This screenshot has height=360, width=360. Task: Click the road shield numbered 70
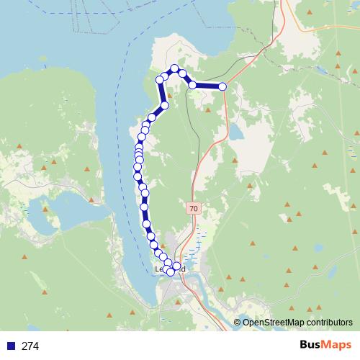click(193, 208)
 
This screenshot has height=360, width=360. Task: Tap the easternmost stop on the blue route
click(222, 86)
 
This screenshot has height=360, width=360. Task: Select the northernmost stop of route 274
click(174, 68)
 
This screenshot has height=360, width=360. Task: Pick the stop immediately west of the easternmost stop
click(193, 85)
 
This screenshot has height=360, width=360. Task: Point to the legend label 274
click(30, 346)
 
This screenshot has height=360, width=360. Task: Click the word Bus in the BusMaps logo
click(312, 345)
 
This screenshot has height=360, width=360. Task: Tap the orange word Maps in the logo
click(336, 345)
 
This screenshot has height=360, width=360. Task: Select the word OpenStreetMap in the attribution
click(274, 323)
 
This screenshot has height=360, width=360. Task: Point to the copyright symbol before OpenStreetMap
click(238, 323)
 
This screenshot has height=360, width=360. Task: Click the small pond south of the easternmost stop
click(235, 132)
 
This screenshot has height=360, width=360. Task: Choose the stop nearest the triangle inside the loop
click(165, 105)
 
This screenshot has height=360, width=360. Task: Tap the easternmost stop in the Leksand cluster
click(176, 266)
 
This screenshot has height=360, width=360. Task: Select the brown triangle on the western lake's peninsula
click(46, 209)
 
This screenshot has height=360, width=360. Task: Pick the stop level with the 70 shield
click(145, 207)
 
